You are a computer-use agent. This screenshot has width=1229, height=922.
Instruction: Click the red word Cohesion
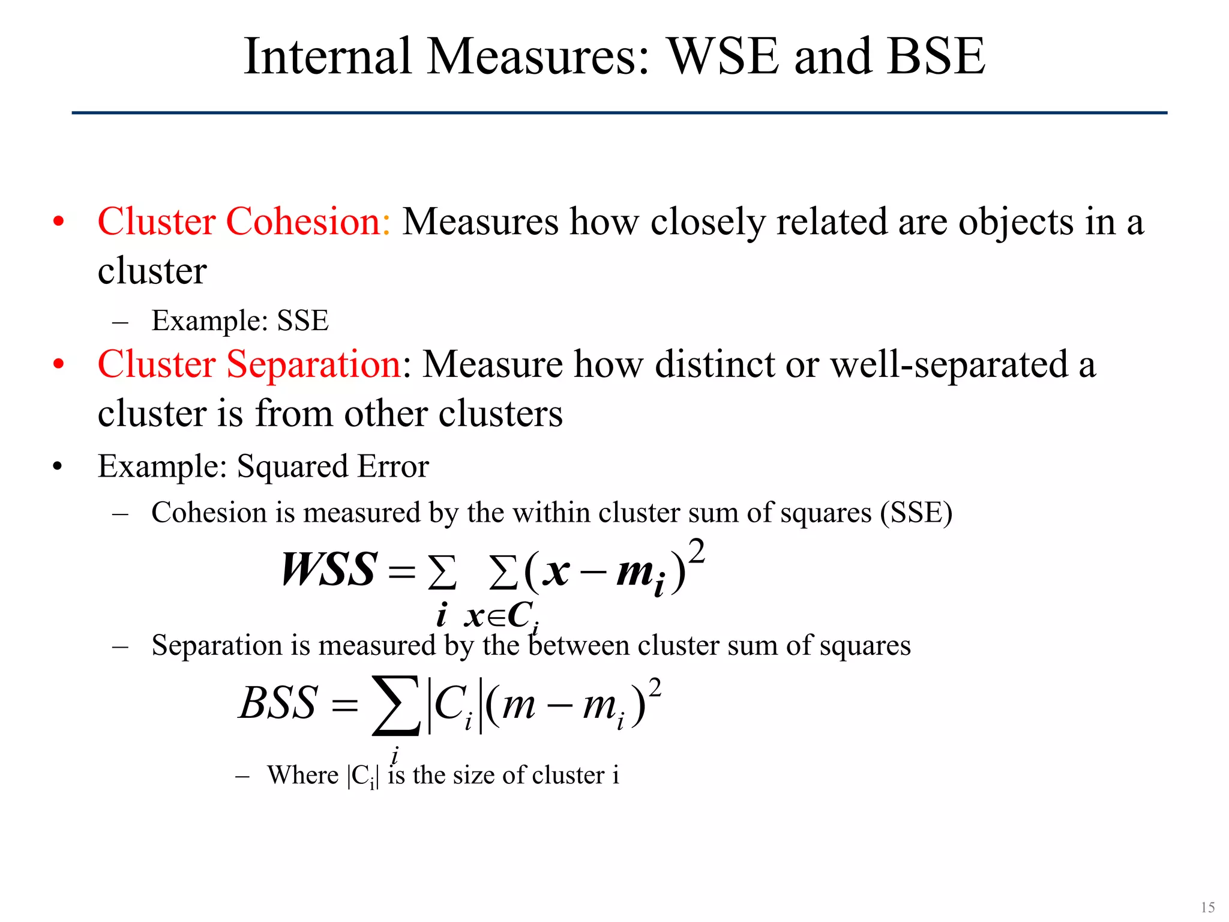click(304, 221)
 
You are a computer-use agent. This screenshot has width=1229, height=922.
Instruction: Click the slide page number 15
click(1207, 907)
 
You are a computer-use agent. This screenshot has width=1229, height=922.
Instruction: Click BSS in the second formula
click(278, 703)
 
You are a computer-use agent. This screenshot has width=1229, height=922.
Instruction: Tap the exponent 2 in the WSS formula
click(696, 550)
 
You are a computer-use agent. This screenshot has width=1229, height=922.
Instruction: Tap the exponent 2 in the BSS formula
click(655, 688)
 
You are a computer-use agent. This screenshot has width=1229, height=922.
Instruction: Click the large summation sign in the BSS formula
click(395, 705)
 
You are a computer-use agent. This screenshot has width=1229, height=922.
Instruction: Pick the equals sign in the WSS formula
click(401, 571)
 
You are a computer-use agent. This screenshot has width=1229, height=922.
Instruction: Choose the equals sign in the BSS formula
click(344, 706)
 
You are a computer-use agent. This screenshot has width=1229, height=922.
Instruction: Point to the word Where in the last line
click(302, 775)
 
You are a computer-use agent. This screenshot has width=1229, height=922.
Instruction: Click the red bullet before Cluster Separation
click(58, 364)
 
